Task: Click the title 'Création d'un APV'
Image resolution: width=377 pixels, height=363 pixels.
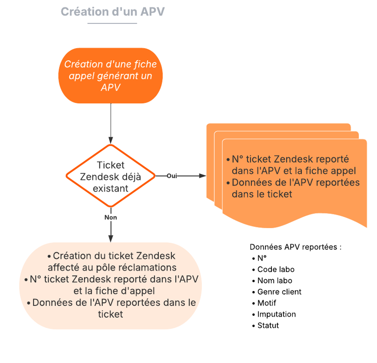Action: (112, 12)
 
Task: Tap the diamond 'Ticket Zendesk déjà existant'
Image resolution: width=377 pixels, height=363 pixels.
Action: (110, 176)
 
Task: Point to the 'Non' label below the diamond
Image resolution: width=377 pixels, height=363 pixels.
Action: (111, 217)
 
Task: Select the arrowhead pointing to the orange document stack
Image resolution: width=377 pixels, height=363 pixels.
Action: (203, 176)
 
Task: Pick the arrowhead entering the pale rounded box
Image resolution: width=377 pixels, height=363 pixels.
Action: (111, 239)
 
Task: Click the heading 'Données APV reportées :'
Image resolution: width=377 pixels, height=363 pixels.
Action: (296, 247)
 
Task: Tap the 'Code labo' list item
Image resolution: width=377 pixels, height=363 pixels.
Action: (276, 270)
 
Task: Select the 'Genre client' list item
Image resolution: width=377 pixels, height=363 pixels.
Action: (279, 292)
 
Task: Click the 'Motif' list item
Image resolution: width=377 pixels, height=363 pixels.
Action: (267, 303)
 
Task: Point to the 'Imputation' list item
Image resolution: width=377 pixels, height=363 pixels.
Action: (277, 314)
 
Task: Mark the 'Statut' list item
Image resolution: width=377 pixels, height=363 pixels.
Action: (268, 326)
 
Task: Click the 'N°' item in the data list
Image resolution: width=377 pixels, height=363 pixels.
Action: (262, 258)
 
